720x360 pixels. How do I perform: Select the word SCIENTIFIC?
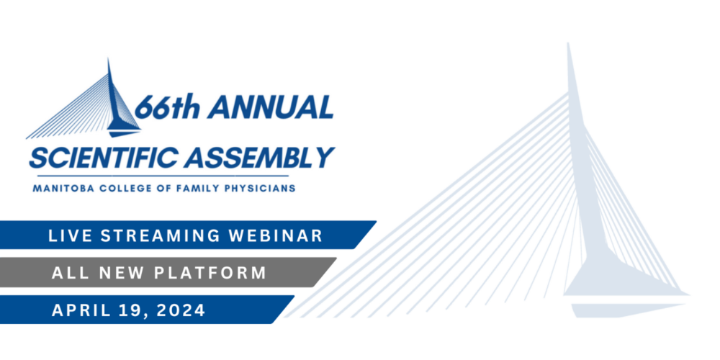(103, 158)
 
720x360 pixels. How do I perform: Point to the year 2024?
(181, 310)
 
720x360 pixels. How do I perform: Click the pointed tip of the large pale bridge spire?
(569, 44)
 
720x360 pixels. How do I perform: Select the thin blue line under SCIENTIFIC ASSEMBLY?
(162, 176)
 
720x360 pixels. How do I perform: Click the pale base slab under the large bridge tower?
(627, 310)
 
